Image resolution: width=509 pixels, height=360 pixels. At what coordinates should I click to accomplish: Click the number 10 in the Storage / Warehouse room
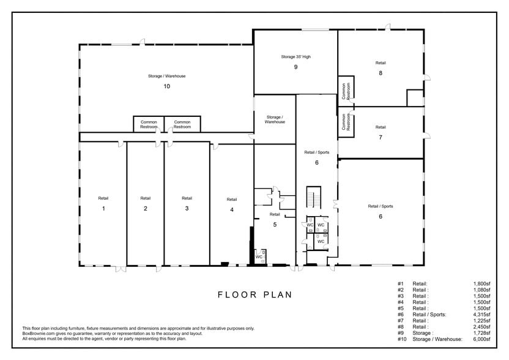166,86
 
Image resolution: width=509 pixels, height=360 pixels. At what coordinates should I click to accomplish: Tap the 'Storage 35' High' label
295,57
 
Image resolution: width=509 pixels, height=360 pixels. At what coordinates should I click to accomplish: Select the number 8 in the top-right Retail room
381,73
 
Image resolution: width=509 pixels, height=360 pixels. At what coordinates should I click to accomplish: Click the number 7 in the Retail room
381,138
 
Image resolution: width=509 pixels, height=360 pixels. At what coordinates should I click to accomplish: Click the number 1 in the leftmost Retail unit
103,209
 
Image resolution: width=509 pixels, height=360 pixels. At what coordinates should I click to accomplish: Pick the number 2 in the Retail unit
145,209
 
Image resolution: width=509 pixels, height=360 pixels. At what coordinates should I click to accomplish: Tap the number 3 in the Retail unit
187,209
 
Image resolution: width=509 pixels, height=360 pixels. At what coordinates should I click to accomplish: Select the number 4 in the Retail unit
231,210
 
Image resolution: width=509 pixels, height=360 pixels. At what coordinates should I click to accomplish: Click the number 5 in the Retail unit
275,225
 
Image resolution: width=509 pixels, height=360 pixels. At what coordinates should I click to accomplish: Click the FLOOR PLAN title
255,294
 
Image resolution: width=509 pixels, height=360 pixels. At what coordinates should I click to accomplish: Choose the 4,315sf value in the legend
481,315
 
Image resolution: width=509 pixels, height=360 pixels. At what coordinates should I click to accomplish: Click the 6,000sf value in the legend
481,339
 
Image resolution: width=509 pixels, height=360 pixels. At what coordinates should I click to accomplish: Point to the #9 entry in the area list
401,332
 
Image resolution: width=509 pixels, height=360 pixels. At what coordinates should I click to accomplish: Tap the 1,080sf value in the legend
481,290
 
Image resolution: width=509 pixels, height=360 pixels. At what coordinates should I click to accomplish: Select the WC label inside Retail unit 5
259,257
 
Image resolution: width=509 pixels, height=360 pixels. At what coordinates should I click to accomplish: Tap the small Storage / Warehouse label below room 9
274,119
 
